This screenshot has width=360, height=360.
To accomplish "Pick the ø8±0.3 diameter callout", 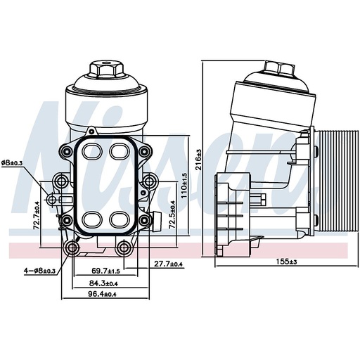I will tap(12, 163).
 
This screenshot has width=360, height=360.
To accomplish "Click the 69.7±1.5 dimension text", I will tap(106, 270).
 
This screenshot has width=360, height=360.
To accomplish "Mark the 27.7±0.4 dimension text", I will tap(168, 264).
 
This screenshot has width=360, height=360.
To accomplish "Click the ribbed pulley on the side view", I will tap(330, 183).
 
